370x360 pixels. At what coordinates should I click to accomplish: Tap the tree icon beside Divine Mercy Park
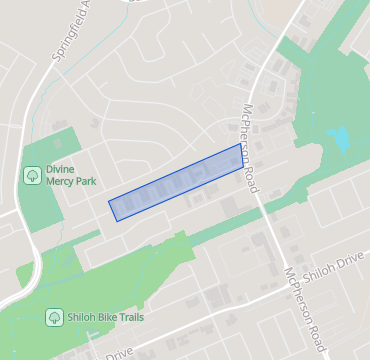coord(32,175)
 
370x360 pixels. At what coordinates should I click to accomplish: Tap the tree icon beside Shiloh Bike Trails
coord(54,317)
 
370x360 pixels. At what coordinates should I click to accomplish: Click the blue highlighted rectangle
coord(176,181)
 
